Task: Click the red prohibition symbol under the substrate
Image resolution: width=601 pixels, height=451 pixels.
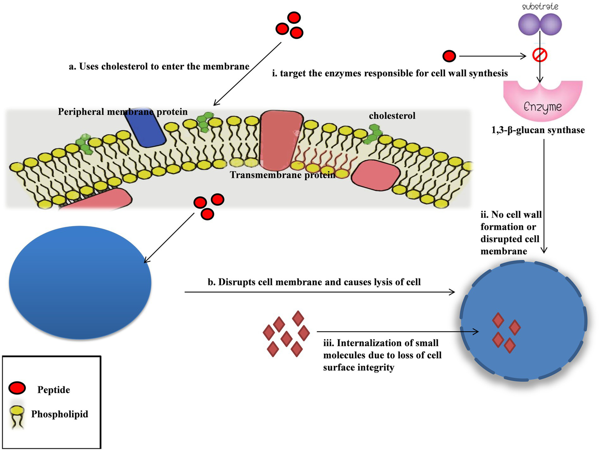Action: pos(540,56)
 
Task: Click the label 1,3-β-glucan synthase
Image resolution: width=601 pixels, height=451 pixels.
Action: pos(538,130)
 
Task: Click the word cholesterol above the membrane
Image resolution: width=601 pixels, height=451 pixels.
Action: pos(392,116)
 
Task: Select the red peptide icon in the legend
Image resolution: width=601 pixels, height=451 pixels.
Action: pos(17,388)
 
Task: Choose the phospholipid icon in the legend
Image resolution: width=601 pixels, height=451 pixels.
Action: pos(17,416)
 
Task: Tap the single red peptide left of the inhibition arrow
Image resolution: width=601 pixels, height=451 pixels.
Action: pos(449,56)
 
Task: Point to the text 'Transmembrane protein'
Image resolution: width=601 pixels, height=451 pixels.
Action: pos(282,175)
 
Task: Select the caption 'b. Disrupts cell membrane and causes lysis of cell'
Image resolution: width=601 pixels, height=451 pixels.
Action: pos(314,282)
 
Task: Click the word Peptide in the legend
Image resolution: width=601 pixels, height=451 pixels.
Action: pos(54,390)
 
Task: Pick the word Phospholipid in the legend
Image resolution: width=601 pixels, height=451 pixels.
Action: pos(60,414)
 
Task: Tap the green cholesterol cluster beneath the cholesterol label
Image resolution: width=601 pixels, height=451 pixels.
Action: pos(374,133)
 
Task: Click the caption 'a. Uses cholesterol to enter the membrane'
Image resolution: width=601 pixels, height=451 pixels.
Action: pos(159,67)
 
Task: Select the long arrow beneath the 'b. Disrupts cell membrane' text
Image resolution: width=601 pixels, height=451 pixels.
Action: pos(319,292)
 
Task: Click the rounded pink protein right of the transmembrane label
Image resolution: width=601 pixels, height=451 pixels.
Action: pos(375,175)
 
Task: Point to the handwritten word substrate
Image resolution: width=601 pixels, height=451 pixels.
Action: pos(540,6)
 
